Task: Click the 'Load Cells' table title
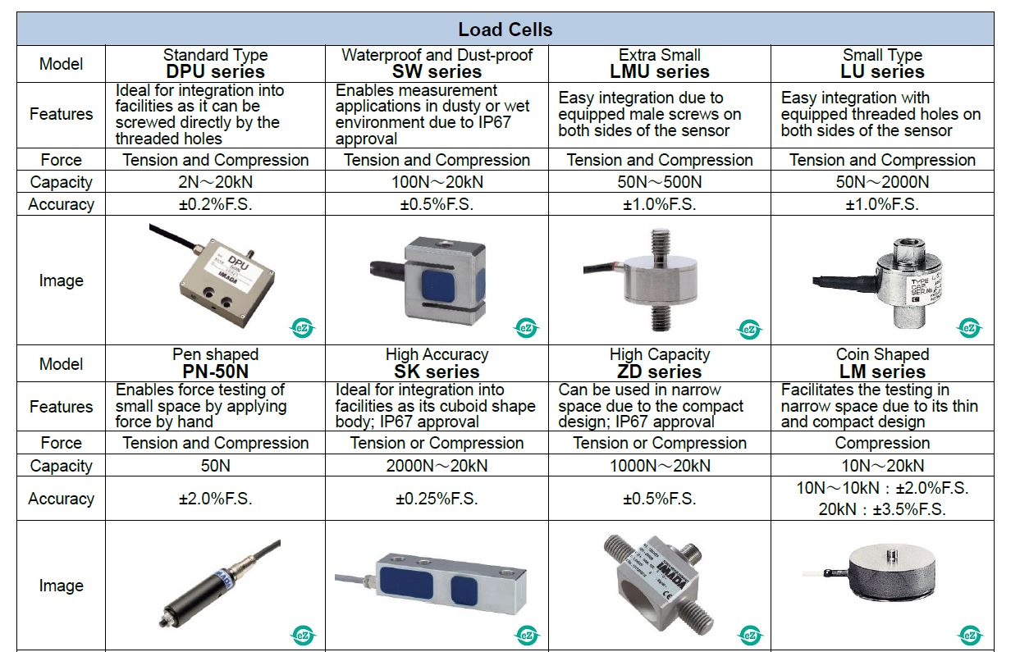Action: pos(505,30)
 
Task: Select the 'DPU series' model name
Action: pos(215,72)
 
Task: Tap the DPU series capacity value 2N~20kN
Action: pos(215,182)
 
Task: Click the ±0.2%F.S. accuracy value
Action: pos(215,204)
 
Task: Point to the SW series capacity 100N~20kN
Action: pos(437,182)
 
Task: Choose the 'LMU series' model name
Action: pos(660,72)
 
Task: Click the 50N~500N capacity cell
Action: pos(660,182)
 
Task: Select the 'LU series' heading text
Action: pos(882,72)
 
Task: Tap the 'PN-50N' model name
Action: pos(215,372)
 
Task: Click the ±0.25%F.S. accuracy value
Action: pos(437,499)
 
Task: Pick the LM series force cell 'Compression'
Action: pos(882,443)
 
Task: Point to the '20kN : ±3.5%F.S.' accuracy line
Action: pos(882,509)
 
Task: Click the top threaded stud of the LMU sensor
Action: pos(658,244)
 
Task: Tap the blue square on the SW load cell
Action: pos(438,285)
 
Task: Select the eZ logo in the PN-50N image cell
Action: pos(303,635)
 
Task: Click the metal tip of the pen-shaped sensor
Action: pos(162,622)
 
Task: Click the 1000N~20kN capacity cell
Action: pos(660,466)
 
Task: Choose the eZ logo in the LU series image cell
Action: pos(969,328)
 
